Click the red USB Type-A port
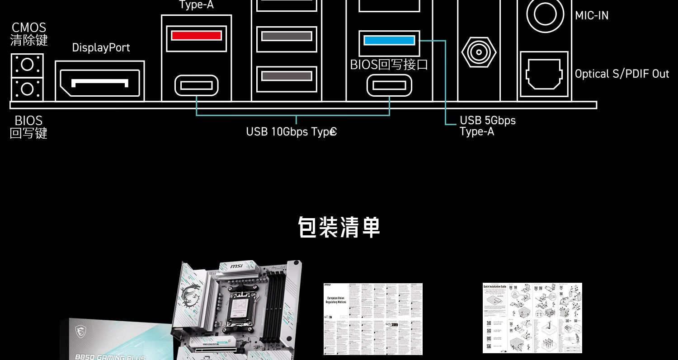196,36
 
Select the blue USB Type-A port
389,40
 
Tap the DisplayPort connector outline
100,81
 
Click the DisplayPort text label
101,48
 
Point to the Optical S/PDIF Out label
621,74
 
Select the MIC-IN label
592,16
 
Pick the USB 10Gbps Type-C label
291,132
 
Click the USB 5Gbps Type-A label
487,126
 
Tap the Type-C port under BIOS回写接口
389,85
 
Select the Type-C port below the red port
196,85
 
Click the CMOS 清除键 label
29,34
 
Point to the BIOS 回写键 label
28,127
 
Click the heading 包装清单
339,227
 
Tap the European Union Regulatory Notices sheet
373,319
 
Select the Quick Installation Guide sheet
532,318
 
